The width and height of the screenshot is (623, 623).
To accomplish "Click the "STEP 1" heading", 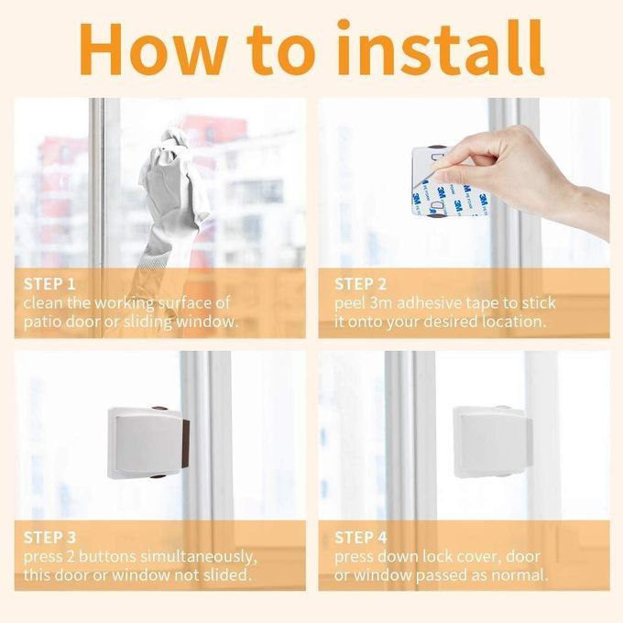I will click(x=50, y=284).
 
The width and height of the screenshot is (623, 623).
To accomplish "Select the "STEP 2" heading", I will click(x=361, y=284).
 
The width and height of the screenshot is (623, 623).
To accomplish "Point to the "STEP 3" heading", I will click(x=50, y=537).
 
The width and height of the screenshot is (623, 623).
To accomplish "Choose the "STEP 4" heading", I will click(x=361, y=537).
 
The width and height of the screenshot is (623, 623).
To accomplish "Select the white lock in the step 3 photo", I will click(x=147, y=443).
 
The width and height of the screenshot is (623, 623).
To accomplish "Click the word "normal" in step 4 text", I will click(x=519, y=575).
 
